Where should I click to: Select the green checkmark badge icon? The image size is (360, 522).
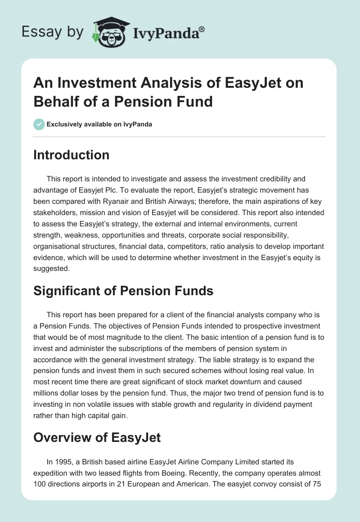39,124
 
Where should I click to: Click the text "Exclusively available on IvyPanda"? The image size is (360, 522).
99,124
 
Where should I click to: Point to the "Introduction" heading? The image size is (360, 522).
72,155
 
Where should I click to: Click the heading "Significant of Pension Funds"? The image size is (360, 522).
123,291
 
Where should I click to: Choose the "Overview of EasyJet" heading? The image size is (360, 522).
97,437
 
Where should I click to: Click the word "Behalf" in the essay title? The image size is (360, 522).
54,101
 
